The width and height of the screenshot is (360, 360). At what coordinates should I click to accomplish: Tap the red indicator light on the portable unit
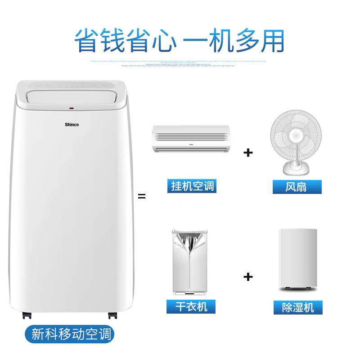click(x=72, y=108)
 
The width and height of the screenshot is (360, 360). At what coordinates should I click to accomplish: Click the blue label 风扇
click(x=296, y=186)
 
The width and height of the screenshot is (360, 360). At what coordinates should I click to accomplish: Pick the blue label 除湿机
click(x=297, y=307)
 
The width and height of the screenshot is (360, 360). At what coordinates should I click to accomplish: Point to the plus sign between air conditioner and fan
click(x=248, y=152)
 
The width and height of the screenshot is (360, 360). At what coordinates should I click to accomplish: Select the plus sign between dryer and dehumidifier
click(x=248, y=276)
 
